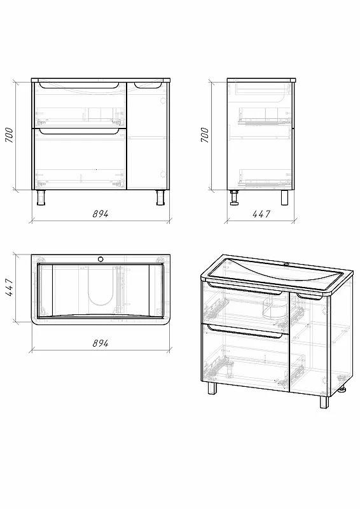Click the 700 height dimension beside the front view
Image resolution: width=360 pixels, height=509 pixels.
9,135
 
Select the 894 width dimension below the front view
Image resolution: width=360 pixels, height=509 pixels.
100,214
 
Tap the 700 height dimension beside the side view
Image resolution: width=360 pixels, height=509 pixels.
205,135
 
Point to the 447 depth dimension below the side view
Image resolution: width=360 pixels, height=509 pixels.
261,214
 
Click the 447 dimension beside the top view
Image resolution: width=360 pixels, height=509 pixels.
9,287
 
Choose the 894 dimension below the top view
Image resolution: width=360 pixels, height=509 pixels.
100,343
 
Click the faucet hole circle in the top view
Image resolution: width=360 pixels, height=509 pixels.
100,259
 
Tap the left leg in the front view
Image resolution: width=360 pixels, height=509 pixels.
41,197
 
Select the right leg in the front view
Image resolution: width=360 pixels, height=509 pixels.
160,197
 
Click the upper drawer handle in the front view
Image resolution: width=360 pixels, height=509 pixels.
79,86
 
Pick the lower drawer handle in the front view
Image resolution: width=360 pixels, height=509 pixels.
79,131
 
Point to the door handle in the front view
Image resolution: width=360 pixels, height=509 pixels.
148,85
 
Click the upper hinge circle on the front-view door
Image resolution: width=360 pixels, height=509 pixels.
163,101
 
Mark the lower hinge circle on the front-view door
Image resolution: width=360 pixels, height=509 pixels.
163,174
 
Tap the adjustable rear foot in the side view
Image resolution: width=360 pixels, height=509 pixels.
233,198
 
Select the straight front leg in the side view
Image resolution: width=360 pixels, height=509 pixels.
285,197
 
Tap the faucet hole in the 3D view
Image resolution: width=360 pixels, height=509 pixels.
287,265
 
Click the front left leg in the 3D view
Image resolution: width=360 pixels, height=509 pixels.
212,388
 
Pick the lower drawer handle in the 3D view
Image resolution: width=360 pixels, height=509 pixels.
244,331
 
